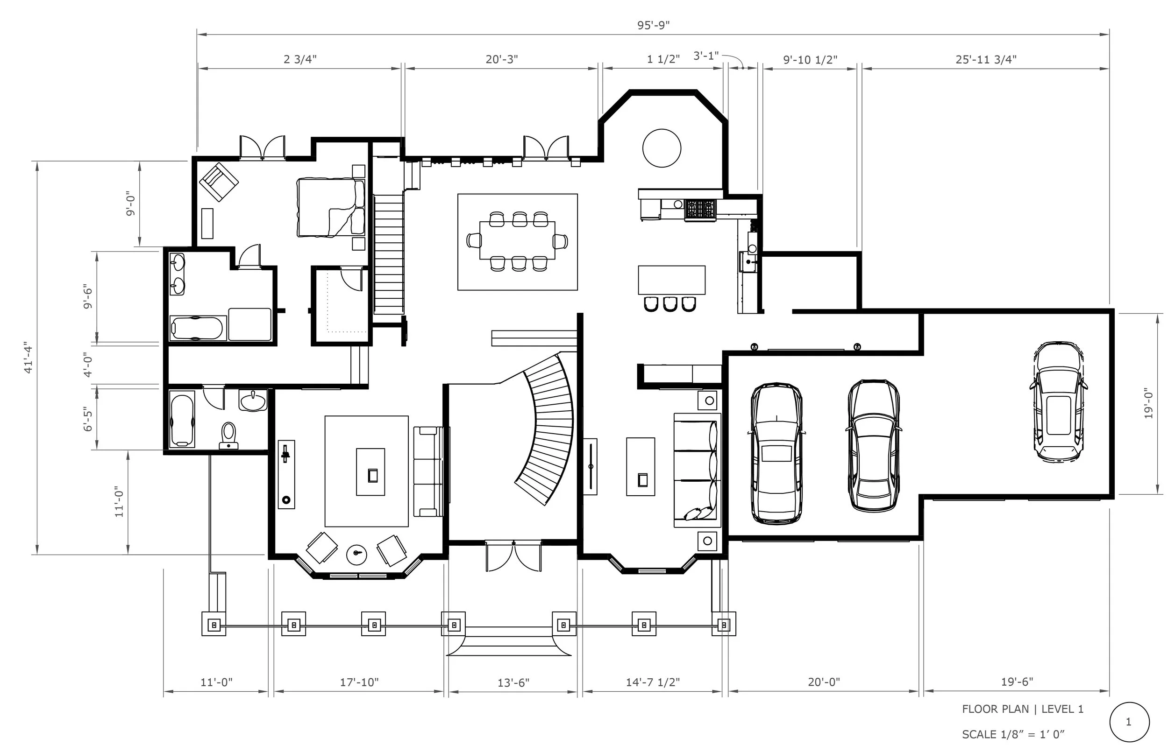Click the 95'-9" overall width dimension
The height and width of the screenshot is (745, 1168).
(653, 25)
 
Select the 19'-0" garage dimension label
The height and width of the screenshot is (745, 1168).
(1147, 403)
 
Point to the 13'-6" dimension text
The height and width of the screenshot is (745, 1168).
(513, 682)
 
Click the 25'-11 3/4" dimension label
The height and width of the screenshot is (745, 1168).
(986, 59)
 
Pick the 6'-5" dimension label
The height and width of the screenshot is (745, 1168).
(88, 419)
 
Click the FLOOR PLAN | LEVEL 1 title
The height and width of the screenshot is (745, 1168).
(1023, 709)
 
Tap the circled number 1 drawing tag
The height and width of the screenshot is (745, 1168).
(1129, 722)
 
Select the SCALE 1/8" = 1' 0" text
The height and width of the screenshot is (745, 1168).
(1013, 735)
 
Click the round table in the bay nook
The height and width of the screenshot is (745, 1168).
(662, 148)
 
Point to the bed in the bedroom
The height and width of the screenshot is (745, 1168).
(331, 207)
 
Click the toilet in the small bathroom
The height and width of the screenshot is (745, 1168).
(228, 435)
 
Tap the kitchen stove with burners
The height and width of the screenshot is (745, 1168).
(700, 211)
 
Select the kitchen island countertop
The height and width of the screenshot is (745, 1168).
(671, 280)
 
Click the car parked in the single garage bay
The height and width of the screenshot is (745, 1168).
(1058, 402)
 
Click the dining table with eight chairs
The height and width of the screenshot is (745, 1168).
(517, 241)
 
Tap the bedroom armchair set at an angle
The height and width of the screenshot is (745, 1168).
(219, 182)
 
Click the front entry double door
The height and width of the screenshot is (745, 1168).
(513, 556)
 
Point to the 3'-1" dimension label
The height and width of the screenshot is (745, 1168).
(706, 56)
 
